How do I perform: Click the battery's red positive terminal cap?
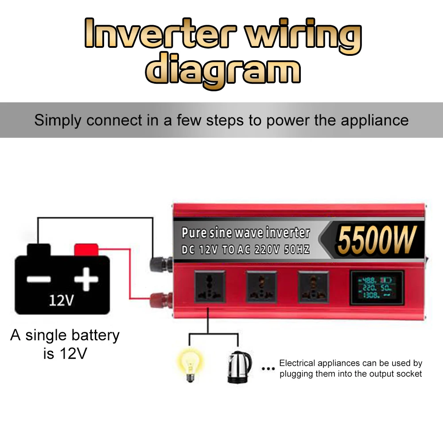click(x=86, y=249)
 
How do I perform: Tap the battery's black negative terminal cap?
click(x=39, y=249)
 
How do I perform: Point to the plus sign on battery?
click(x=86, y=279)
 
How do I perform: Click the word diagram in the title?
click(x=223, y=70)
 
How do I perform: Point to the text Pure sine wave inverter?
click(x=246, y=233)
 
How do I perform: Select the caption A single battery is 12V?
click(x=65, y=344)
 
